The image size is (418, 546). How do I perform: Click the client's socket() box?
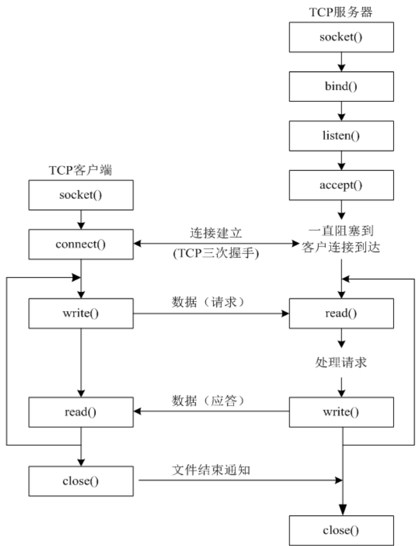click(81, 195)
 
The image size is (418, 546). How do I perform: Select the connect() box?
click(81, 244)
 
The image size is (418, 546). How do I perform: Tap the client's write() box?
click(81, 313)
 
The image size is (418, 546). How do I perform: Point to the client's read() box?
click(81, 412)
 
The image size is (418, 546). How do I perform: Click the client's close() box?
click(81, 480)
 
